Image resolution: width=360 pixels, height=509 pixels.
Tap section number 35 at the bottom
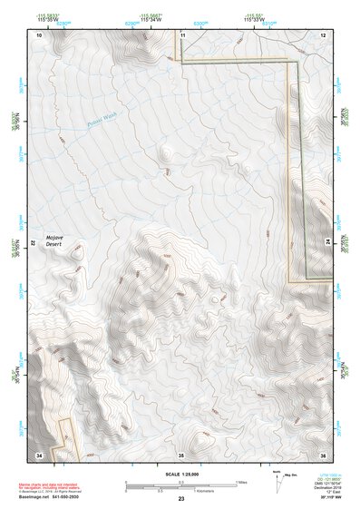pos(181,454)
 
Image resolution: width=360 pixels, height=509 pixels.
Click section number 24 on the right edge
pos(326,243)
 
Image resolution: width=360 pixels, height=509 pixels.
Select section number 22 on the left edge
pos(35,243)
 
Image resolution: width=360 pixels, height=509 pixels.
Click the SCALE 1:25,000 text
pos(181,475)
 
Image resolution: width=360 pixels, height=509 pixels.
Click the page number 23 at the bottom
pos(181,499)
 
